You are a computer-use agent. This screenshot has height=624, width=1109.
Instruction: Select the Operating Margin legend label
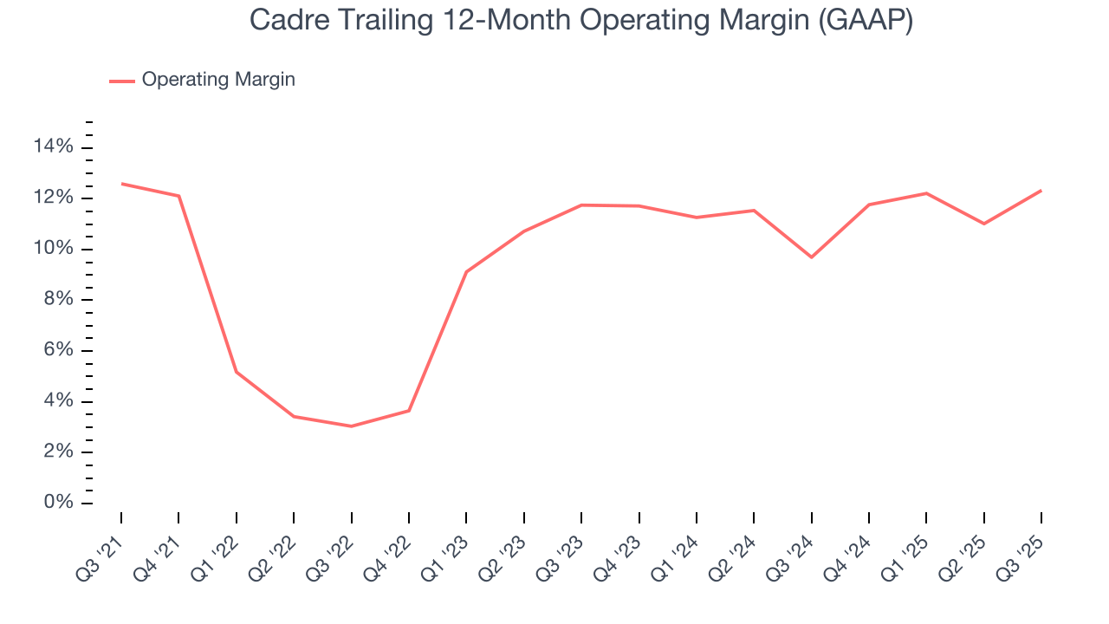218,80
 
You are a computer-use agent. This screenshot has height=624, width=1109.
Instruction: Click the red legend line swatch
122,81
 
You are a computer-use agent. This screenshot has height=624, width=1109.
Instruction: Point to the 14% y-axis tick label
53,147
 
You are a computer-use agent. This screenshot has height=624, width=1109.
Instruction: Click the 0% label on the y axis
58,504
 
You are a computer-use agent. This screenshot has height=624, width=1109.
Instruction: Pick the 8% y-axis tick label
58,300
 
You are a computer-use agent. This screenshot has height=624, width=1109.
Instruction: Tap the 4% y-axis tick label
58,401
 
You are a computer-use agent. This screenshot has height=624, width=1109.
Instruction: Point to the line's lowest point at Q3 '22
351,426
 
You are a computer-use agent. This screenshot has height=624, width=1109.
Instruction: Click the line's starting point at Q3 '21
121,184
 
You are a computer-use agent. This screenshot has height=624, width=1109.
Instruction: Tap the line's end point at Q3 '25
1041,191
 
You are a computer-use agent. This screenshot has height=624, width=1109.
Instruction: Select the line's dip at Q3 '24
812,257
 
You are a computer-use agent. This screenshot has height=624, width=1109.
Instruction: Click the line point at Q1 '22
237,373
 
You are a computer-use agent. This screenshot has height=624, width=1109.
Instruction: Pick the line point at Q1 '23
466,272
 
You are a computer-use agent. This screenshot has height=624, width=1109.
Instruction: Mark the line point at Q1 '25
926,193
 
